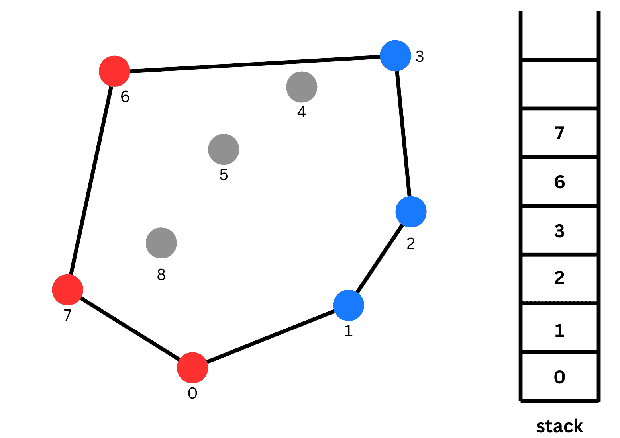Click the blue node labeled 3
[395, 56]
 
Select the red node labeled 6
[114, 71]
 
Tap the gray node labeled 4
[302, 87]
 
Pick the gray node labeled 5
[224, 149]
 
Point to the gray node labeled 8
[161, 243]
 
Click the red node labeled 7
[67, 290]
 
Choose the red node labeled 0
[192, 368]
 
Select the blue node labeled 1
[349, 305]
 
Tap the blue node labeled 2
[411, 212]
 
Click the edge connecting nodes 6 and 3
[255, 64]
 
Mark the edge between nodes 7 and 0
[130, 329]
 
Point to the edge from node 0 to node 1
[271, 336]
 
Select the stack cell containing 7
[559, 133]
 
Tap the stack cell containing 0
[559, 377]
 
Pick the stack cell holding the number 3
[559, 230]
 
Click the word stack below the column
[559, 426]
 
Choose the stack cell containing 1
[559, 328]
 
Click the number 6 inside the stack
[559, 182]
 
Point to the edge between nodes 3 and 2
[403, 134]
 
